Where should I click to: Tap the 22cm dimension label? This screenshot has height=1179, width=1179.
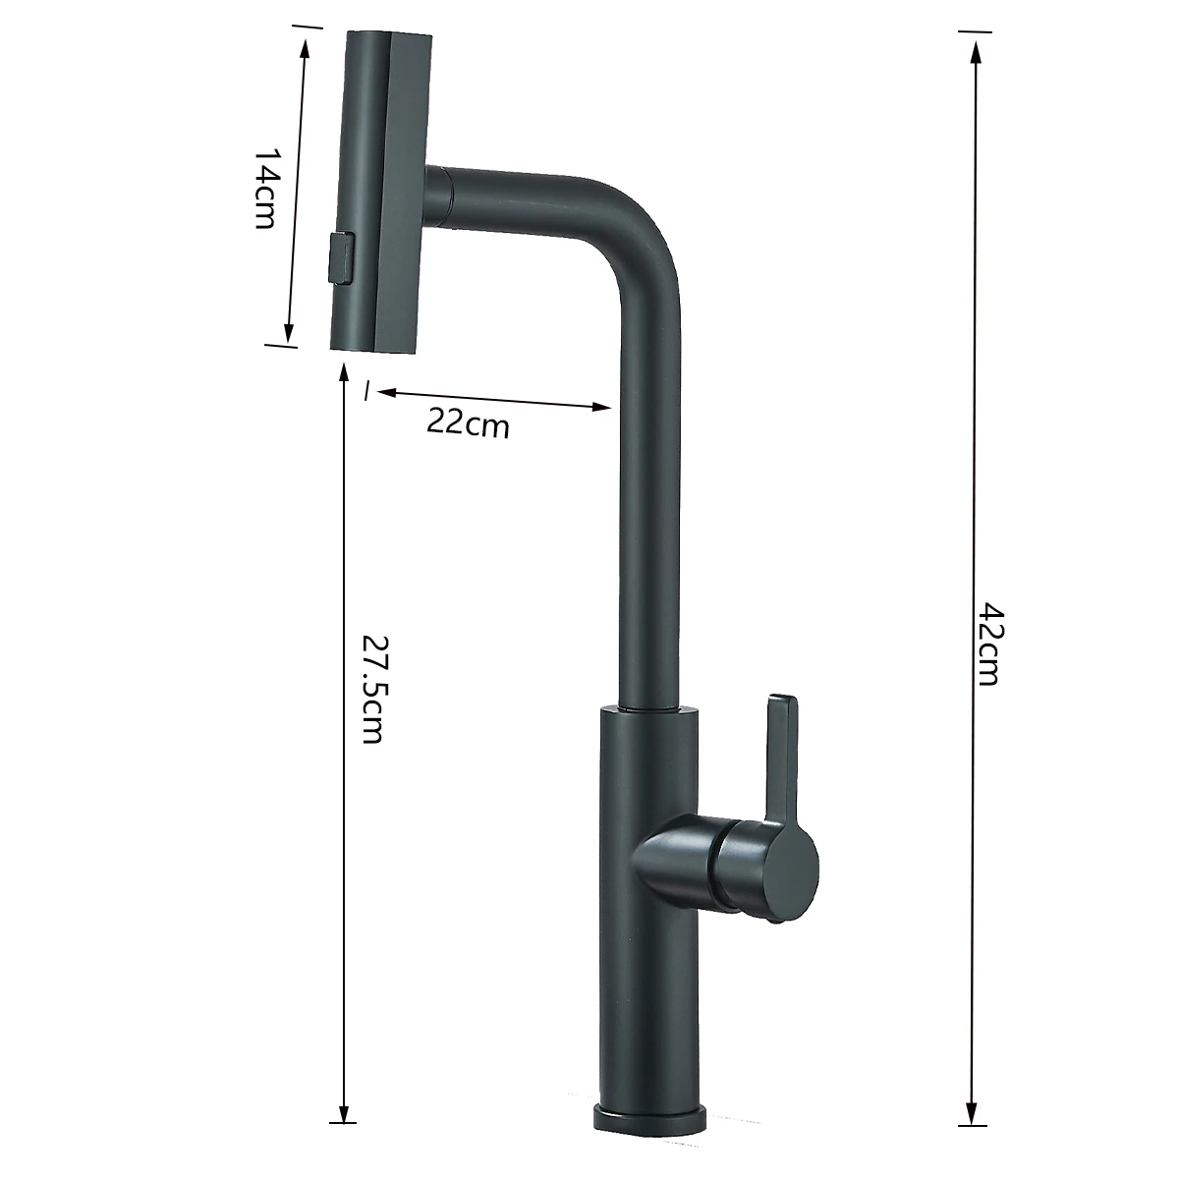pos(468,424)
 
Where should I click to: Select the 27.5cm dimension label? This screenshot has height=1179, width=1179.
pos(370,688)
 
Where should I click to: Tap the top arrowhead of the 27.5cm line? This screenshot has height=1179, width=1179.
pos(343,372)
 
